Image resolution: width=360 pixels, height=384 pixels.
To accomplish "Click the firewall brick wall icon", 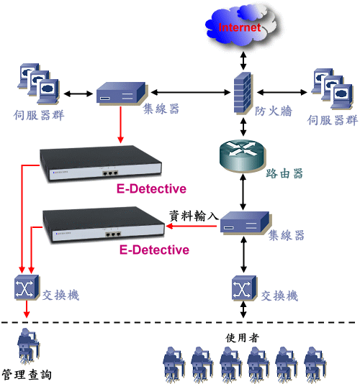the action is click(x=243, y=93).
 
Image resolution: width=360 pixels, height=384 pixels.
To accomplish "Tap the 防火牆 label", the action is click(x=274, y=111).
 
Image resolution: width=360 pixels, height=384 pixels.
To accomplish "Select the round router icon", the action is click(x=243, y=155).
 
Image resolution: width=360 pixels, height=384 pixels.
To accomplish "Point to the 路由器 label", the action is click(x=284, y=173).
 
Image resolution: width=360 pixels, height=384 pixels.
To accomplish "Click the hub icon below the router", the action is click(x=245, y=222).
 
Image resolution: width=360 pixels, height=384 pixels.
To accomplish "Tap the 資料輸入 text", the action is click(x=194, y=216).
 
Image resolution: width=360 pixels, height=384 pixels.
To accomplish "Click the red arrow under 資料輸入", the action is click(x=192, y=226).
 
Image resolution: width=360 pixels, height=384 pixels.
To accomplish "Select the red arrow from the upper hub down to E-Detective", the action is click(x=120, y=124).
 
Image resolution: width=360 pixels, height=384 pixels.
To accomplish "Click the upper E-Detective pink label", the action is click(x=151, y=188).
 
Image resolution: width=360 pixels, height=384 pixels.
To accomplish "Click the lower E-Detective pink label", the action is click(x=154, y=250).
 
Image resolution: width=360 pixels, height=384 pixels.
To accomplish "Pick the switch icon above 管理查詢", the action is click(x=27, y=287).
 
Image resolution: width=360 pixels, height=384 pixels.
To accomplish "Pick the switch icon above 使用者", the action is click(x=244, y=288).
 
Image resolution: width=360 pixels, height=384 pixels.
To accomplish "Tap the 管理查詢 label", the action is click(x=27, y=375).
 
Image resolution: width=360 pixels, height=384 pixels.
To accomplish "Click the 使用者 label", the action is click(x=243, y=338).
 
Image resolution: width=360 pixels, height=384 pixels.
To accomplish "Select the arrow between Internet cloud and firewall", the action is click(x=243, y=60).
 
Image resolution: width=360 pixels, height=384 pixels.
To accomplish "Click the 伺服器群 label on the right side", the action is click(x=333, y=120).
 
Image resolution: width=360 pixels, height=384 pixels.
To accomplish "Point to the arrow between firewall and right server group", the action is click(x=282, y=92).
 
